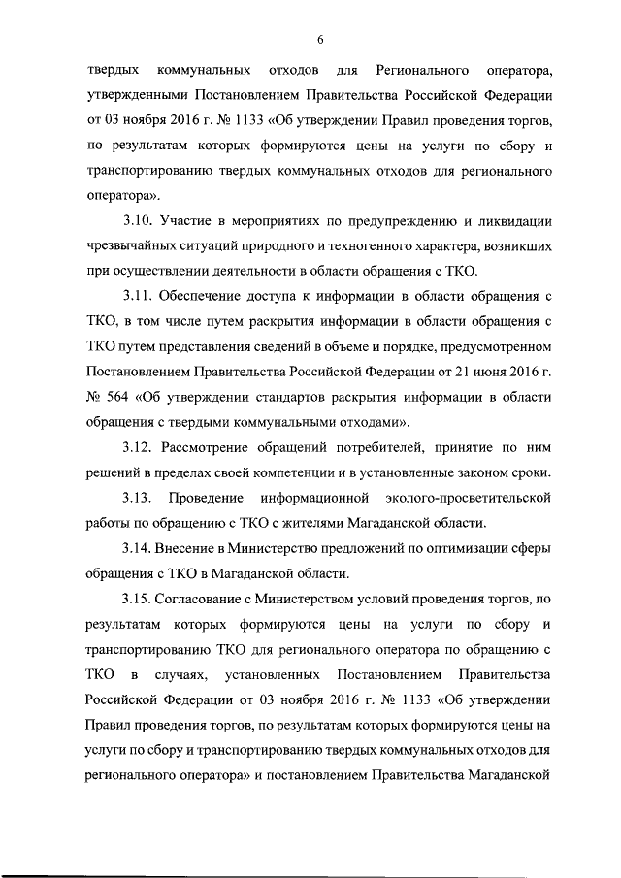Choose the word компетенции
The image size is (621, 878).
coord(285,472)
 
